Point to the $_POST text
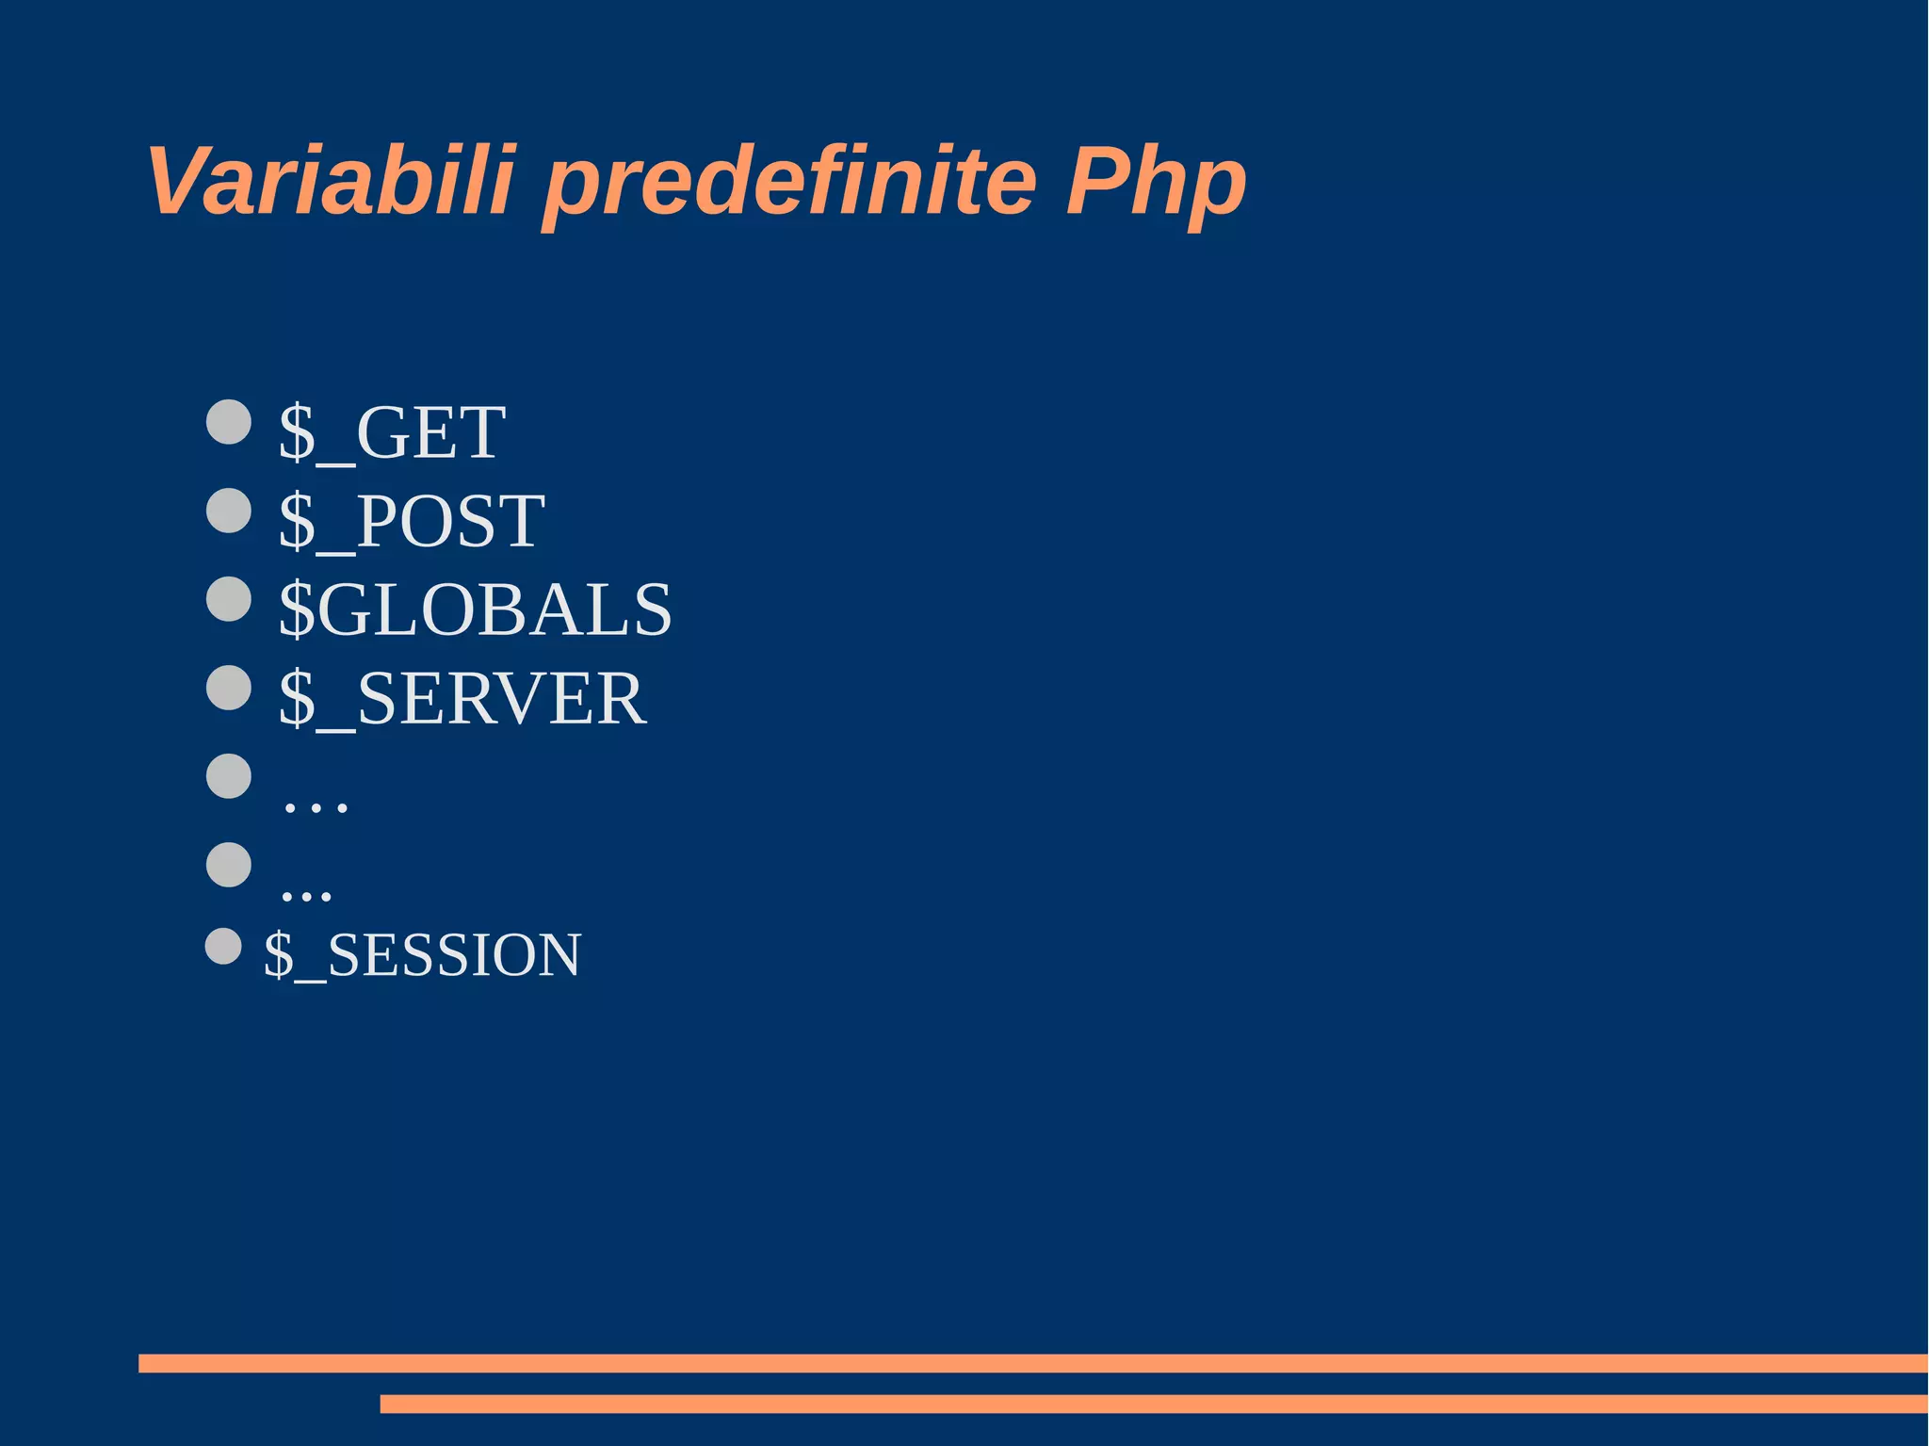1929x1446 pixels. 412,520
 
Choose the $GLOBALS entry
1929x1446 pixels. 475,609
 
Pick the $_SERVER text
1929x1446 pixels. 462,698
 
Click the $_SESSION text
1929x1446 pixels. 422,954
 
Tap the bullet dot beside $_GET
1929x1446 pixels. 229,421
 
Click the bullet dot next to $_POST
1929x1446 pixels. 229,510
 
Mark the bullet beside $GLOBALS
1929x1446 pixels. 229,599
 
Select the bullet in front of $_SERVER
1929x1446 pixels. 229,688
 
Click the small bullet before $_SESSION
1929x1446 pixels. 223,946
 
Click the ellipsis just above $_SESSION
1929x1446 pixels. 306,893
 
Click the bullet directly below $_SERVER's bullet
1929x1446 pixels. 229,776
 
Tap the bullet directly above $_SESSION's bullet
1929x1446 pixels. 229,865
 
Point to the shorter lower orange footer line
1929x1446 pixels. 1153,1404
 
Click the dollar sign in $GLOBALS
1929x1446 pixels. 297,609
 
